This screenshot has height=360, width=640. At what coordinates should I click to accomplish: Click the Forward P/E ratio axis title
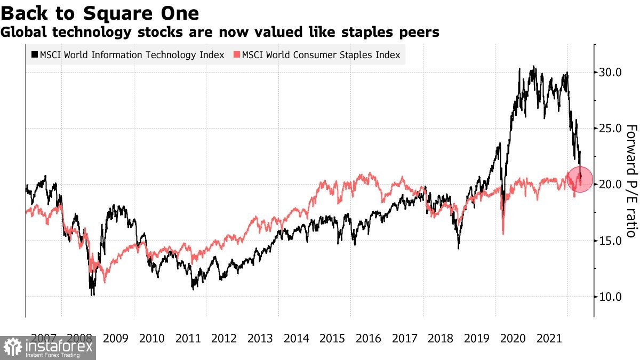(631, 181)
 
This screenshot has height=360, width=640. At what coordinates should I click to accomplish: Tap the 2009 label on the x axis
(116, 338)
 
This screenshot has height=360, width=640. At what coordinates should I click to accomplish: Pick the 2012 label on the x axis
(224, 338)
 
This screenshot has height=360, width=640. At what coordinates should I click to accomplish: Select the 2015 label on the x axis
(332, 338)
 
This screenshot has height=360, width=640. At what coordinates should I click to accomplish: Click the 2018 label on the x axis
(441, 338)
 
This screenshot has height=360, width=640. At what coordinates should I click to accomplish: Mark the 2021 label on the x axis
(549, 338)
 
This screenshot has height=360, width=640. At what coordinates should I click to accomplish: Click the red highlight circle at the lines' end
(579, 179)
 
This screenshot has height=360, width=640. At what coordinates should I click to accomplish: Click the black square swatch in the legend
(35, 55)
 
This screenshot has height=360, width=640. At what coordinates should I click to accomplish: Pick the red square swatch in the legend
(237, 55)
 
